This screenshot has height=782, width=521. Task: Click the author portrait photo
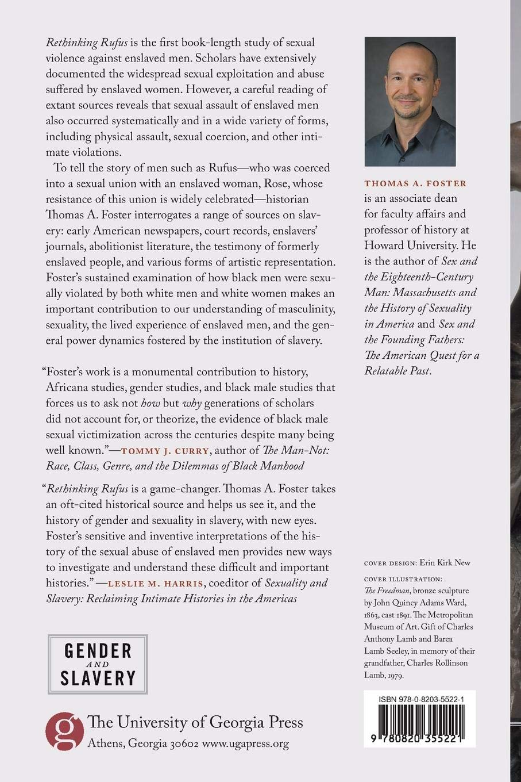tap(410, 102)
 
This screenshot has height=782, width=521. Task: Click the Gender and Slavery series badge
tap(98, 664)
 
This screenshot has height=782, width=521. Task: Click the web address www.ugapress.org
tap(245, 743)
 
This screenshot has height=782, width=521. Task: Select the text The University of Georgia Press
tap(195, 723)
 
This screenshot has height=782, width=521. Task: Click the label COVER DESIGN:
tap(389, 563)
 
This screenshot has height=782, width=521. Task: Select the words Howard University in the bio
tap(408, 246)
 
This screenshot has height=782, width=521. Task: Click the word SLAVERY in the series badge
tap(98, 677)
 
